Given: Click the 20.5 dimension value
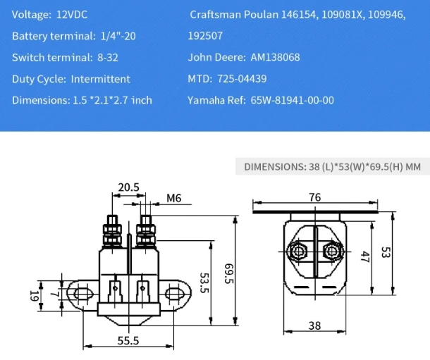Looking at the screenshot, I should pos(129,187).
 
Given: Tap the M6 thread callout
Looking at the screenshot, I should pos(173,199).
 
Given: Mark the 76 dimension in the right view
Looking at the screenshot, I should pos(315,197).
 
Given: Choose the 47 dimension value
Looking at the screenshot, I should pos(365,256).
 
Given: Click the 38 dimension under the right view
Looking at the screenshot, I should pos(314,326).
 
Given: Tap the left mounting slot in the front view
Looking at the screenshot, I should pos(79,291).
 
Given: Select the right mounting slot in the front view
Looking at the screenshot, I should pos(175,291).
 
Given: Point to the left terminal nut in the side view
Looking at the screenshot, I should pos(297,251).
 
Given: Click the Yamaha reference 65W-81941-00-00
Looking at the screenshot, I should pos(292,100).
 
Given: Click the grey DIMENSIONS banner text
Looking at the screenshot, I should pos(332,167).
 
